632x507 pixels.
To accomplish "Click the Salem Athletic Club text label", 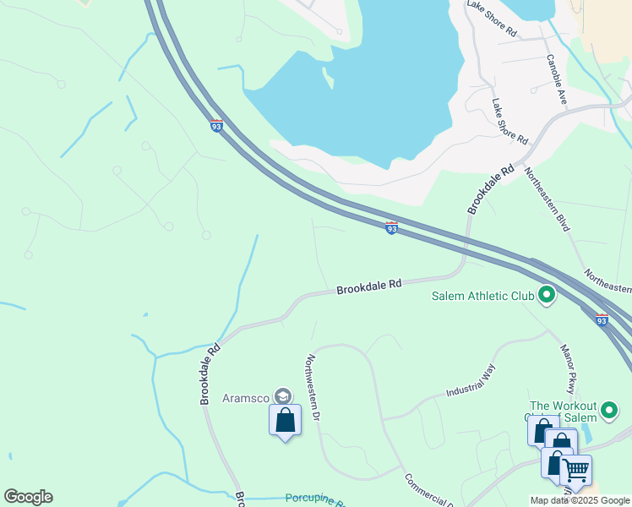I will point(482,296).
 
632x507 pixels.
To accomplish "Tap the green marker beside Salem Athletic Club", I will point(547,295).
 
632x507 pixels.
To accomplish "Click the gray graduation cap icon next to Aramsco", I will point(283,396).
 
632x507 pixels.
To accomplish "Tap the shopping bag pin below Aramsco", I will point(285,420).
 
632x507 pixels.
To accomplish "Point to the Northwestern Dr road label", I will point(313,388).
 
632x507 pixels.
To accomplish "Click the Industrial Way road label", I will point(470,380).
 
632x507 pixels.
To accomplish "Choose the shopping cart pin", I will point(576,470).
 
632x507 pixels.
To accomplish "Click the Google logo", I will point(28,497).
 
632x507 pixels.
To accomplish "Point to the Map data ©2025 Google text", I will point(580,500).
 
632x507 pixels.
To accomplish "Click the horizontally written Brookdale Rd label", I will point(368,287).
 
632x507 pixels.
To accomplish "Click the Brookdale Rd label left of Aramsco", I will point(210,373).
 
